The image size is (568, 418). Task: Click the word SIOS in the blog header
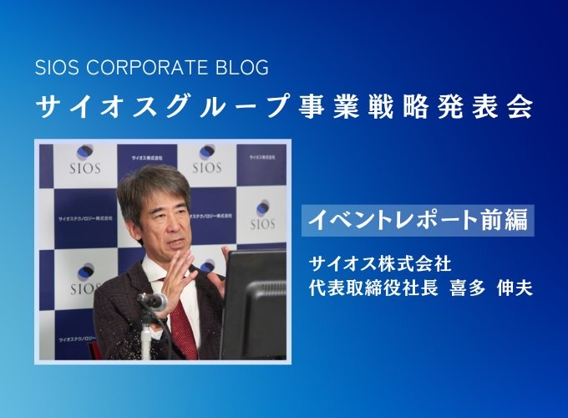57,68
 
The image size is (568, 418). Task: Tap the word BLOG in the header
242,68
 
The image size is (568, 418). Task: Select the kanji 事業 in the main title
329,106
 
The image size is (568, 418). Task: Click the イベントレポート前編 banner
418,221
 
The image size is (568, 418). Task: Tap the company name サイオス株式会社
380,263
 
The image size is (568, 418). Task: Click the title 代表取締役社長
373,288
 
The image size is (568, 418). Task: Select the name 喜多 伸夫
491,288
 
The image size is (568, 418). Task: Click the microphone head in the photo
153,300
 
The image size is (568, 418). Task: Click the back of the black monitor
253,304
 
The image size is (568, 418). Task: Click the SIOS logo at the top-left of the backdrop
85,160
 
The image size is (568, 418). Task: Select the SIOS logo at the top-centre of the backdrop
207,160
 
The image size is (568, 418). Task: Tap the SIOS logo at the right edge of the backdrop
262,215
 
